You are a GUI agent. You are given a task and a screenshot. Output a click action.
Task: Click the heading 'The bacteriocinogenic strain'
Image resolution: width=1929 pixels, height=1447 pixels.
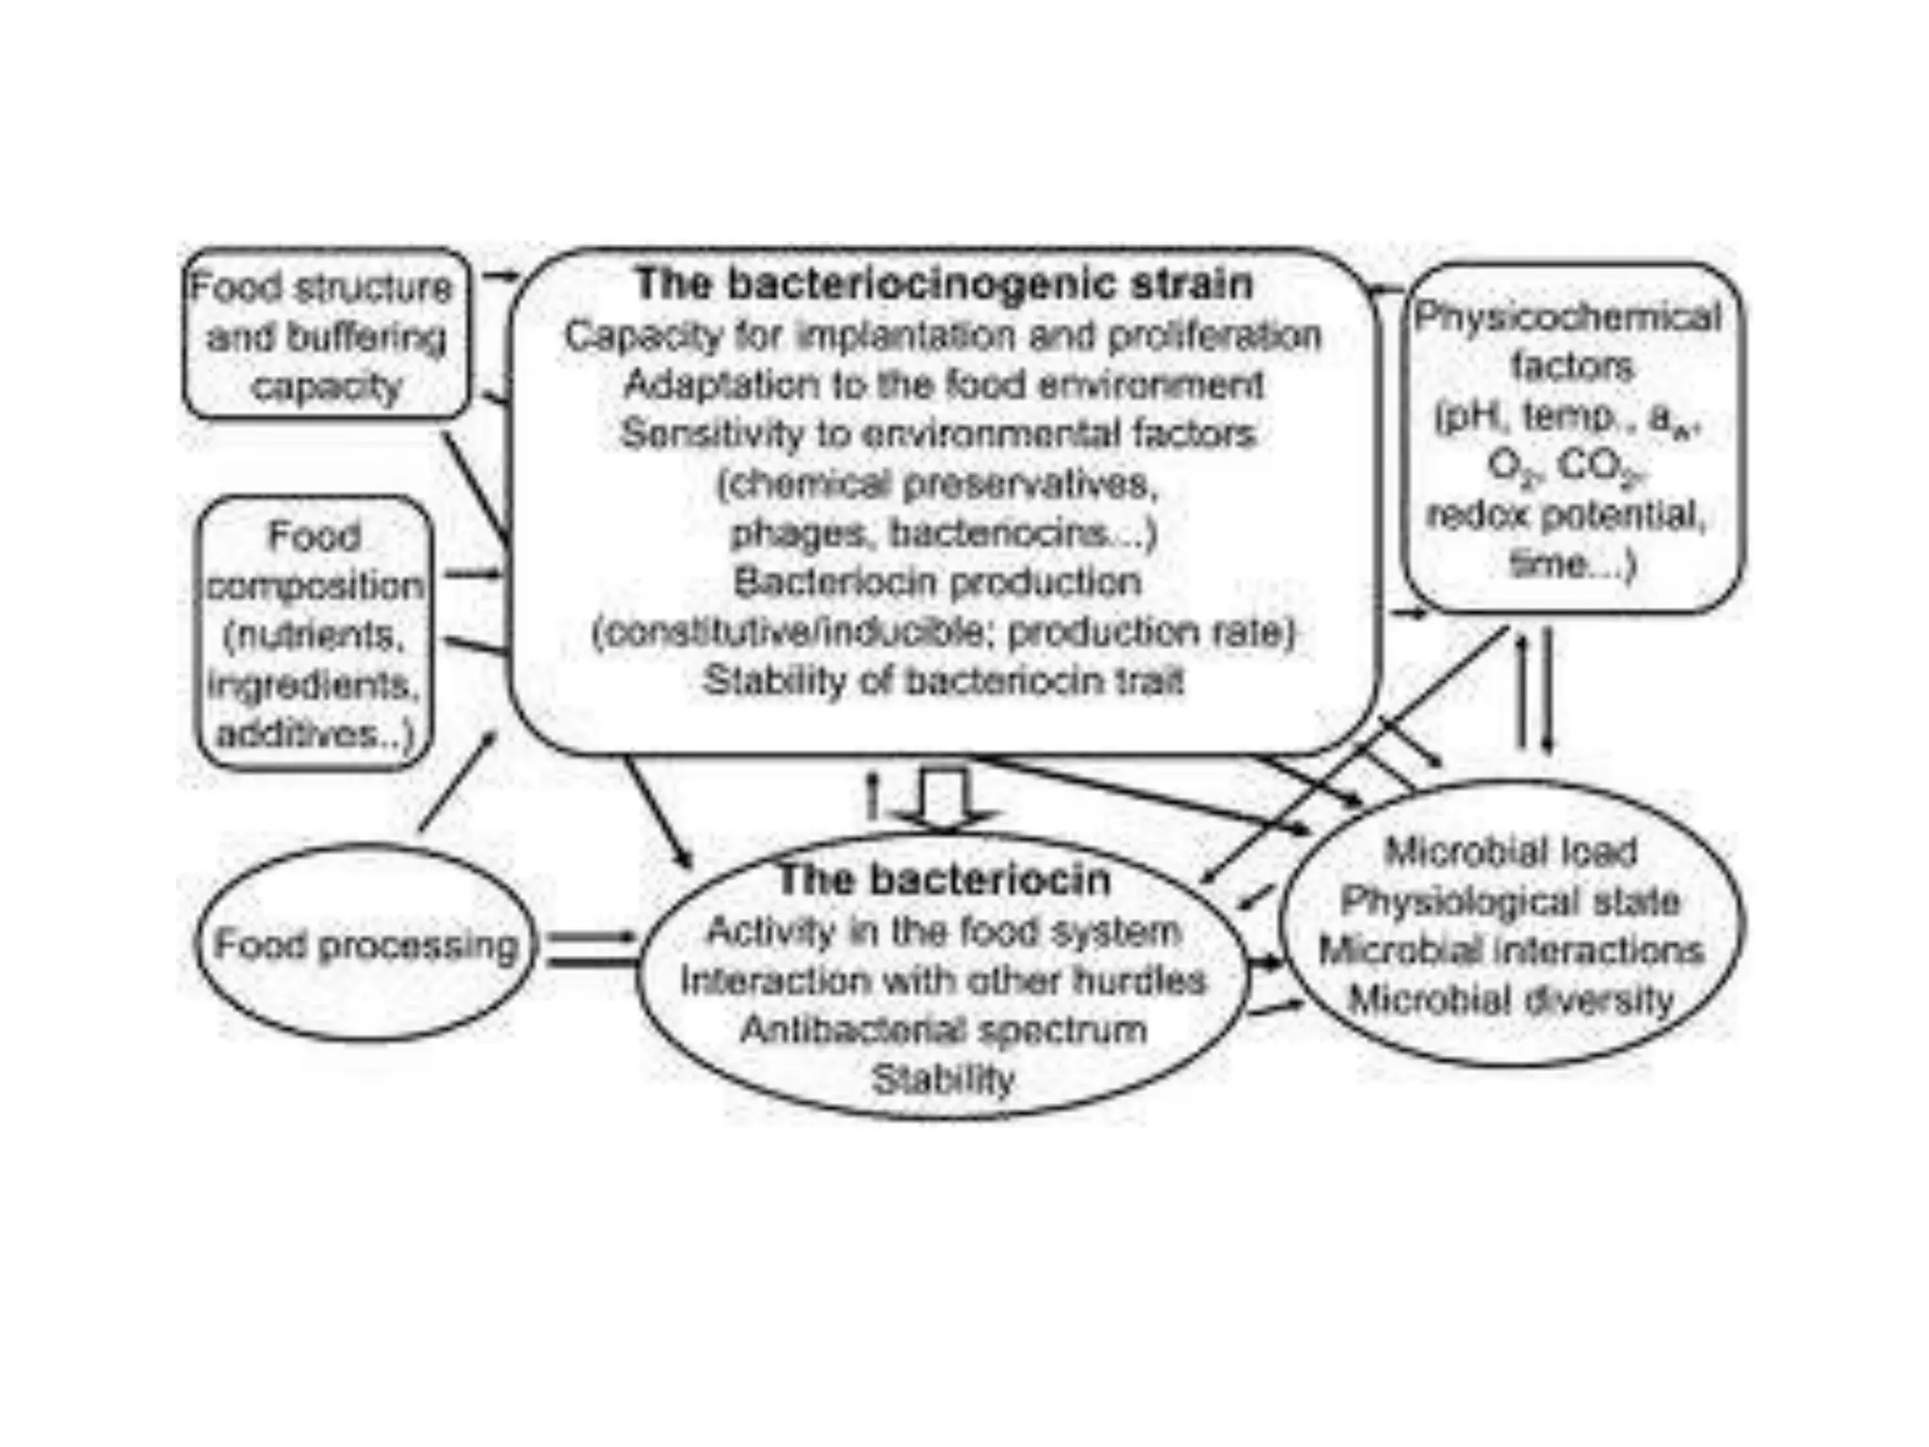pyautogui.click(x=944, y=284)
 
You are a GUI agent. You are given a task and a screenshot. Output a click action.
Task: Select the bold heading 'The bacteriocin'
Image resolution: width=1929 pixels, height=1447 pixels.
pyautogui.click(x=944, y=879)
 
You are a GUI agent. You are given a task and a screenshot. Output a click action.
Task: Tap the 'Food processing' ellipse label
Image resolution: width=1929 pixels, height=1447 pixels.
pyautogui.click(x=365, y=944)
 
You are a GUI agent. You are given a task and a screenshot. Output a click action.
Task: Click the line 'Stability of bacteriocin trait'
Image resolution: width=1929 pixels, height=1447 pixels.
pyautogui.click(x=944, y=680)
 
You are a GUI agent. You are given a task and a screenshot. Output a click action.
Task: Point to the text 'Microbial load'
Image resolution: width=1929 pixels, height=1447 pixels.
pyautogui.click(x=1511, y=852)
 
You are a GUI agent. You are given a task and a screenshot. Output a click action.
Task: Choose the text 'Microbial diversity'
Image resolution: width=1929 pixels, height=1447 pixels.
pyautogui.click(x=1511, y=999)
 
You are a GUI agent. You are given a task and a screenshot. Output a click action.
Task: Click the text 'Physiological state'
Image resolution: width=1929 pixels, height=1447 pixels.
pyautogui.click(x=1511, y=901)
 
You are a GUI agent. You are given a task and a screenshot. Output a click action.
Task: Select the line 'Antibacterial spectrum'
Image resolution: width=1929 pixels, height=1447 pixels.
pyautogui.click(x=944, y=1029)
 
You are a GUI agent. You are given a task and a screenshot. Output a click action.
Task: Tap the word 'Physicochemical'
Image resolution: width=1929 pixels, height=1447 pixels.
pyautogui.click(x=1567, y=317)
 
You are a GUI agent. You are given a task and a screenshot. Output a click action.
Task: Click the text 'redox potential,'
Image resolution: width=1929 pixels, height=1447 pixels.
pyautogui.click(x=1565, y=514)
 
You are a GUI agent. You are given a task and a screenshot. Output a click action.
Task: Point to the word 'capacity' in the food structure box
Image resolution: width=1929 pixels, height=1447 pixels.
pyautogui.click(x=326, y=386)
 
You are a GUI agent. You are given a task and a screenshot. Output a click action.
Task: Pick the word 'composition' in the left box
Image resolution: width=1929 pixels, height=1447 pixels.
pyautogui.click(x=315, y=586)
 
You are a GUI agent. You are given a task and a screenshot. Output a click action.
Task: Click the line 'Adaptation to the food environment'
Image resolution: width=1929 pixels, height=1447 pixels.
pyautogui.click(x=944, y=384)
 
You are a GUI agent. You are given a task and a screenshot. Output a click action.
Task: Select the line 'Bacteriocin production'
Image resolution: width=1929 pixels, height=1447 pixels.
pyautogui.click(x=938, y=581)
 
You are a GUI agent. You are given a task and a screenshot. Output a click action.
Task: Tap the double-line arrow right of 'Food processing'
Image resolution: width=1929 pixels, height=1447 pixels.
pyautogui.click(x=592, y=949)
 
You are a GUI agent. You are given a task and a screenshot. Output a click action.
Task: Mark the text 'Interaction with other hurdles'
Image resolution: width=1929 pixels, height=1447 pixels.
pyautogui.click(x=944, y=981)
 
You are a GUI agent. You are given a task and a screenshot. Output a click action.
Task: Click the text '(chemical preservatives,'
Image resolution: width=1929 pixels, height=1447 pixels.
pyautogui.click(x=938, y=484)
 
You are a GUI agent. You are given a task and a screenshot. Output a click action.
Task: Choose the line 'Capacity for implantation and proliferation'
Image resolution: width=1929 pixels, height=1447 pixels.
pyautogui.click(x=944, y=335)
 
